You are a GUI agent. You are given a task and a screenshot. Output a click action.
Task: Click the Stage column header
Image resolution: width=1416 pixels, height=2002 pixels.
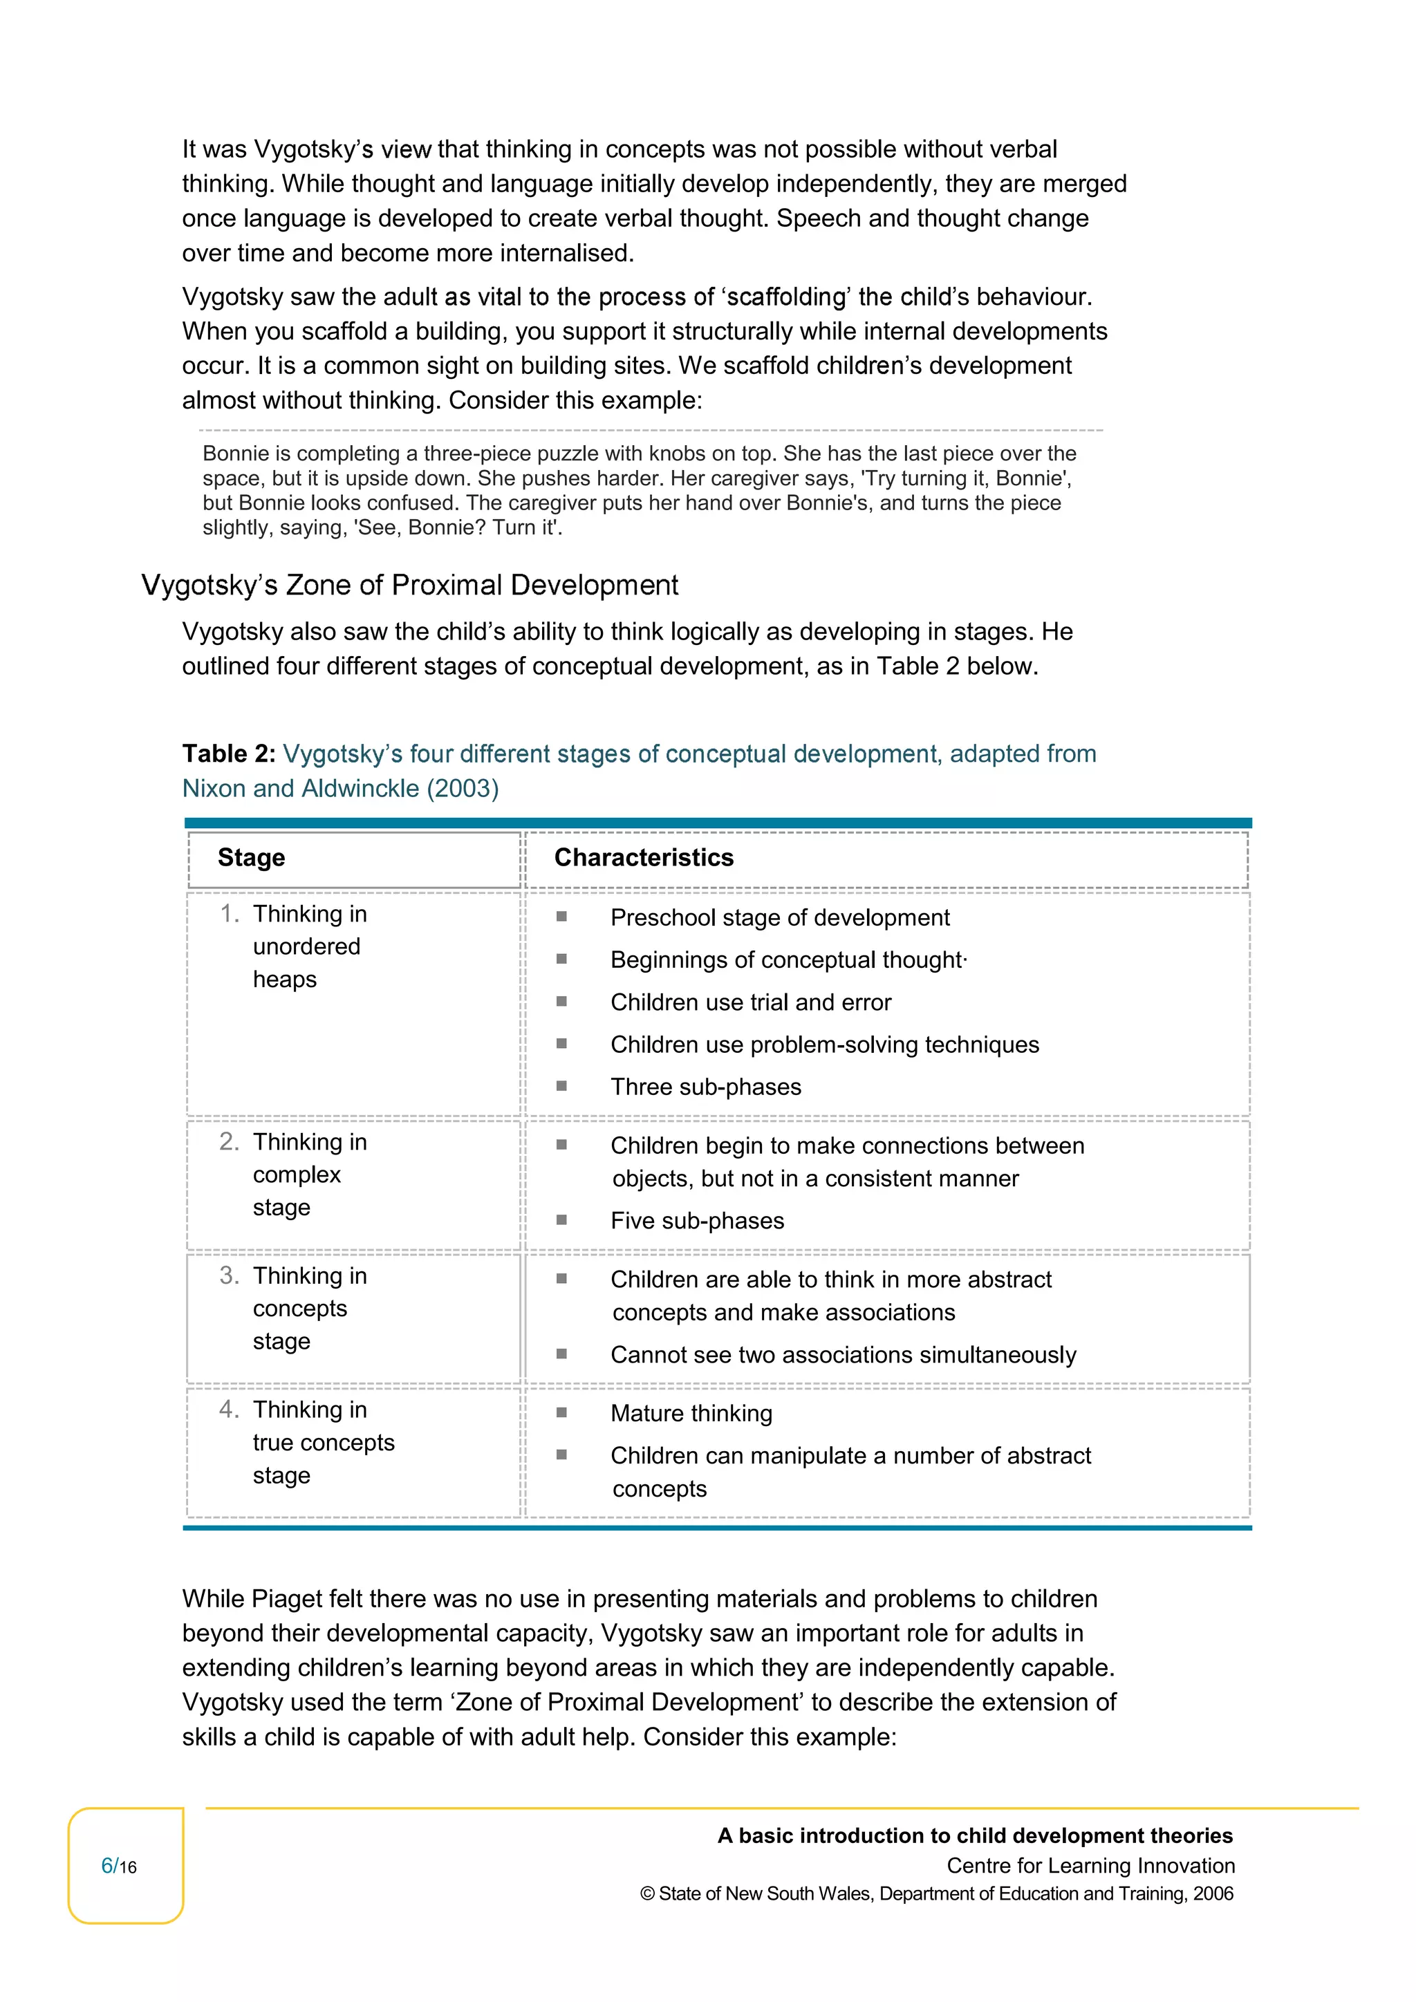(x=251, y=858)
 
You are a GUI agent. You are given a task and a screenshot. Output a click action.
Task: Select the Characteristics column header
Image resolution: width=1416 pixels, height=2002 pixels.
(x=644, y=858)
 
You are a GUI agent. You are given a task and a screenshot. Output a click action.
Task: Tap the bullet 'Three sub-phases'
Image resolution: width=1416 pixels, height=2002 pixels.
(x=705, y=1087)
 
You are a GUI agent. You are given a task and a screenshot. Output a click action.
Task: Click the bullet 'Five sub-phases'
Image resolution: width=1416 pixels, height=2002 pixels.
(x=697, y=1221)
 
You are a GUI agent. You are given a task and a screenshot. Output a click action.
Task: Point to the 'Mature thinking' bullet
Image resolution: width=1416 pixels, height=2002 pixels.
(x=691, y=1414)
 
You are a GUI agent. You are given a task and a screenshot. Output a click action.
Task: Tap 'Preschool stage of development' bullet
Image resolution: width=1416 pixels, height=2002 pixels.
(x=779, y=918)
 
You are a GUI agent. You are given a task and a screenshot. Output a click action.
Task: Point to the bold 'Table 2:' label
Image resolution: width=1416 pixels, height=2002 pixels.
(x=228, y=754)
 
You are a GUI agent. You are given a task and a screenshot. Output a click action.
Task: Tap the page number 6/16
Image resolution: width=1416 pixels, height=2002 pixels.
(x=120, y=1866)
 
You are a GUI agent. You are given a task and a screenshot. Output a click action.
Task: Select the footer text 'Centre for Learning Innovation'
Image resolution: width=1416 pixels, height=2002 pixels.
(x=1090, y=1866)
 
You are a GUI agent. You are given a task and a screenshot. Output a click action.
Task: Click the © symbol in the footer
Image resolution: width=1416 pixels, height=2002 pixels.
(x=647, y=1894)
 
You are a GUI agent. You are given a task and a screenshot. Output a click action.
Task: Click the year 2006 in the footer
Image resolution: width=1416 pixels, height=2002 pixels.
(x=1213, y=1894)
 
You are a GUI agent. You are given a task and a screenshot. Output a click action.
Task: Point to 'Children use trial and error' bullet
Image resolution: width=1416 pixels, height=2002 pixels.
(x=751, y=1003)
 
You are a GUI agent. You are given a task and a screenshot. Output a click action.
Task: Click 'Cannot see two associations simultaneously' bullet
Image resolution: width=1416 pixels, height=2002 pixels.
(x=842, y=1355)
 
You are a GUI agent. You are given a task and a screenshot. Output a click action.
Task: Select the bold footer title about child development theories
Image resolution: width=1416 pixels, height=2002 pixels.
(x=974, y=1836)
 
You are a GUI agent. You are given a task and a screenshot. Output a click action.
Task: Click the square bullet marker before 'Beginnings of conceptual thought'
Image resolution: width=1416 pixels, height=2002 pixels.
(x=561, y=959)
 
